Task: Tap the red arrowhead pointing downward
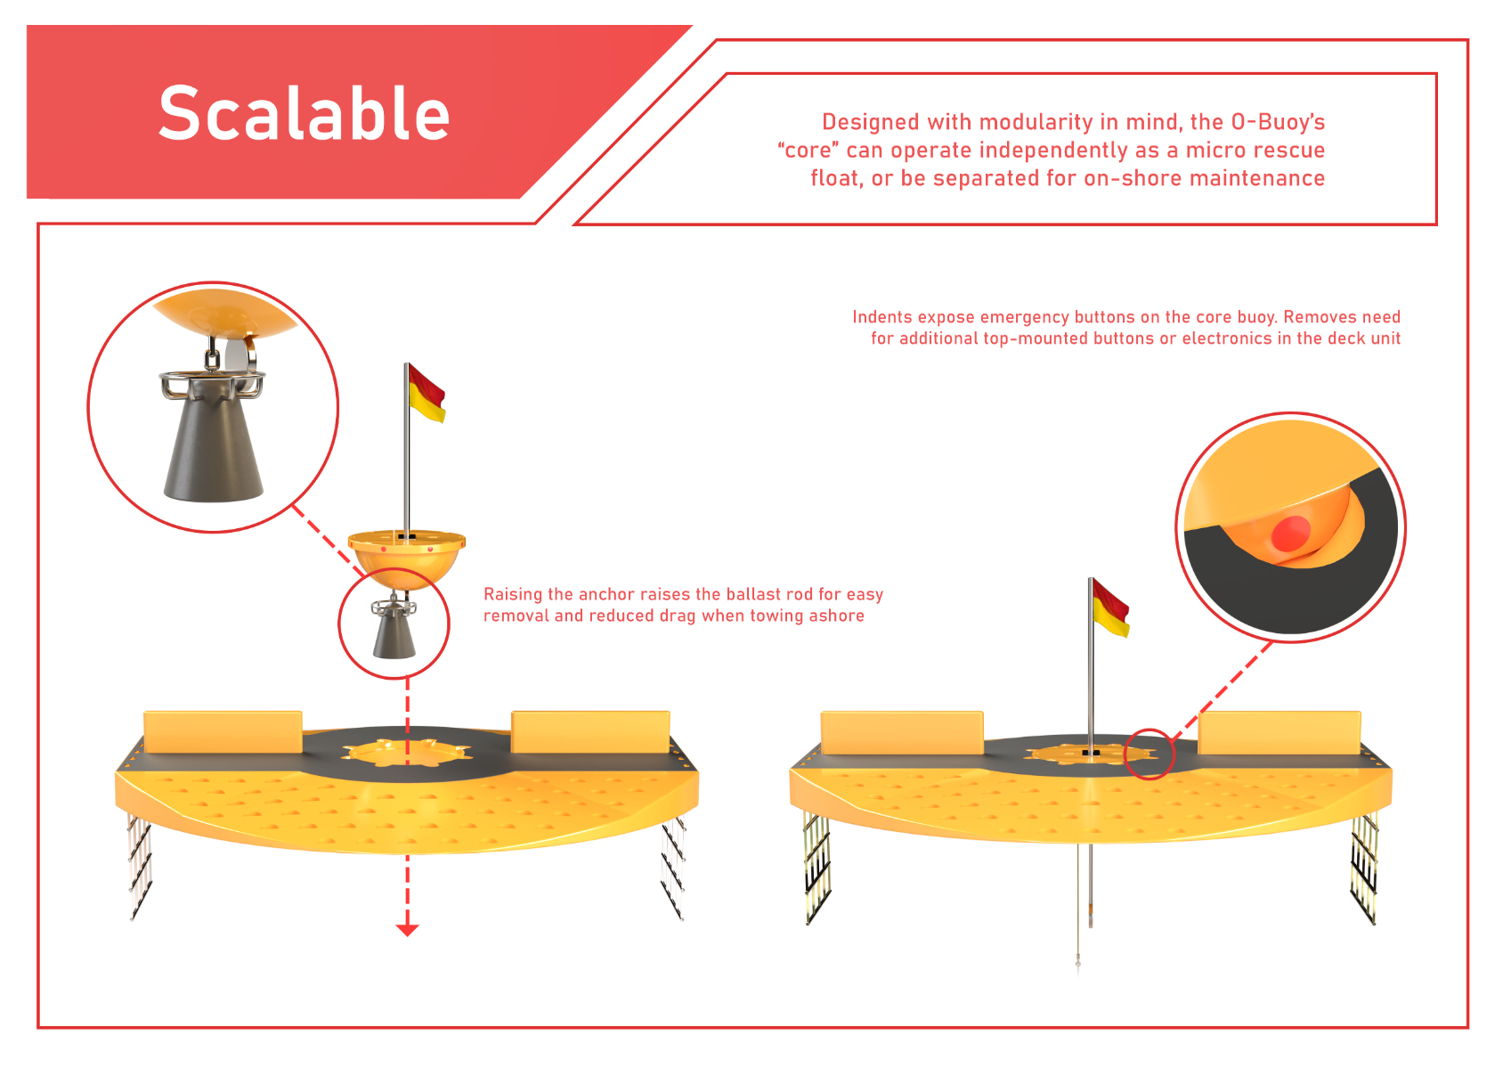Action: [x=408, y=930]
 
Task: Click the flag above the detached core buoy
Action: [x=427, y=394]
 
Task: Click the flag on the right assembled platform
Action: [x=1111, y=608]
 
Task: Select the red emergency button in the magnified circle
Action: [x=1291, y=534]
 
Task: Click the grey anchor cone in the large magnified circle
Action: [x=213, y=446]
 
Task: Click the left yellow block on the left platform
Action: [x=223, y=731]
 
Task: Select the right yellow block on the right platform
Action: [x=1279, y=732]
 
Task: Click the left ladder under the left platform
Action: [x=140, y=867]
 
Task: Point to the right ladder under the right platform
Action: [x=1364, y=869]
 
